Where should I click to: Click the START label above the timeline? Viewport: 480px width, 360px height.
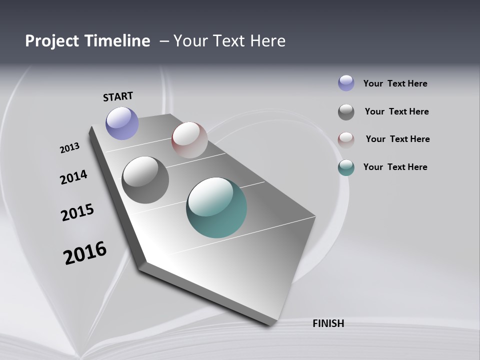pyautogui.click(x=118, y=96)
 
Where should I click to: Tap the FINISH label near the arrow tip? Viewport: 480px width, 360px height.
pyautogui.click(x=328, y=323)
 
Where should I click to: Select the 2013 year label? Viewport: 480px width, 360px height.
pyautogui.click(x=69, y=148)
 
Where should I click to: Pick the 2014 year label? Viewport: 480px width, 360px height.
pyautogui.click(x=73, y=177)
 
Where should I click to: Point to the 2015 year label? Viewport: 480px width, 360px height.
pyautogui.click(x=77, y=212)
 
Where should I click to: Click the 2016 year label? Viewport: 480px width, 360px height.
pyautogui.click(x=85, y=253)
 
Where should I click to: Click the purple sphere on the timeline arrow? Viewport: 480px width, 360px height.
pyautogui.click(x=122, y=123)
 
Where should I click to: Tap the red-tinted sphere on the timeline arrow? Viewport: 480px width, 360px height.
pyautogui.click(x=189, y=139)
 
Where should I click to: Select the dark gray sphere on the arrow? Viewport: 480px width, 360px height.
pyautogui.click(x=145, y=180)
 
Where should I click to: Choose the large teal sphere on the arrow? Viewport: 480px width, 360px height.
pyautogui.click(x=216, y=207)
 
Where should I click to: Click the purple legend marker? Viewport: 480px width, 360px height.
pyautogui.click(x=346, y=83)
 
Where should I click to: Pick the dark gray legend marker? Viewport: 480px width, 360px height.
pyautogui.click(x=346, y=112)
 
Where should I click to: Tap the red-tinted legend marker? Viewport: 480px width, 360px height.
pyautogui.click(x=346, y=140)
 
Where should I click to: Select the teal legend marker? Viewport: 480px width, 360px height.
pyautogui.click(x=346, y=167)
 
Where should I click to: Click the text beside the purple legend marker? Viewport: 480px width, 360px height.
pyautogui.click(x=395, y=83)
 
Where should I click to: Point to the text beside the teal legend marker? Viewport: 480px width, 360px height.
pyautogui.click(x=395, y=167)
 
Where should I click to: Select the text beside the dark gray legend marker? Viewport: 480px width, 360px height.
pyautogui.click(x=396, y=111)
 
